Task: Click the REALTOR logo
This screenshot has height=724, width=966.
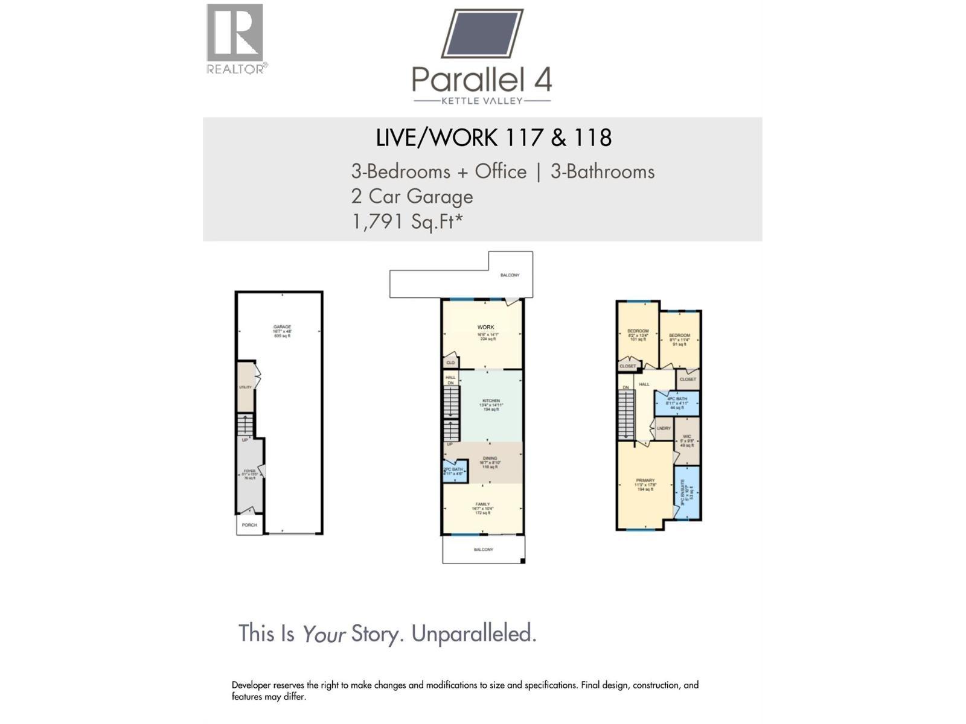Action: pyautogui.click(x=235, y=37)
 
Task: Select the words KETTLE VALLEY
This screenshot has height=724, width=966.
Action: pyautogui.click(x=482, y=101)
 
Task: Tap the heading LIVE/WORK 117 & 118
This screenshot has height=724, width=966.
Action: pyautogui.click(x=493, y=138)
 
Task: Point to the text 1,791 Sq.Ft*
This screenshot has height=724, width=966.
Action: pyautogui.click(x=407, y=221)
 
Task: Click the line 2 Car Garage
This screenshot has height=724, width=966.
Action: pyautogui.click(x=412, y=196)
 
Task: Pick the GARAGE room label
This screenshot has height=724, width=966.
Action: pyautogui.click(x=282, y=327)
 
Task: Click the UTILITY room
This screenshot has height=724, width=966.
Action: pyautogui.click(x=245, y=387)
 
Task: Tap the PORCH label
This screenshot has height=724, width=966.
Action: pyautogui.click(x=249, y=525)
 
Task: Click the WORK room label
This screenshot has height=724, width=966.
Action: pyautogui.click(x=485, y=328)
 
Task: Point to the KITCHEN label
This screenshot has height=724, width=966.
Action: pyautogui.click(x=491, y=401)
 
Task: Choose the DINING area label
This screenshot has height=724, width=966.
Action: pyautogui.click(x=490, y=459)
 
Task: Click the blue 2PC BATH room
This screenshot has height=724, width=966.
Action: pyautogui.click(x=454, y=471)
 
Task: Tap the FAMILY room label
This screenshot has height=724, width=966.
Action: pyautogui.click(x=482, y=504)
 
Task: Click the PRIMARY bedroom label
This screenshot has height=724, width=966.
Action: pyautogui.click(x=645, y=481)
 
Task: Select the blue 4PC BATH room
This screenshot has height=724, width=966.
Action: pyautogui.click(x=677, y=402)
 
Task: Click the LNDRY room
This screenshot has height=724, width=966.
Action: pyautogui.click(x=664, y=428)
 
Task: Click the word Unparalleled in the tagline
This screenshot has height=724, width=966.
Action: pyautogui.click(x=473, y=634)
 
